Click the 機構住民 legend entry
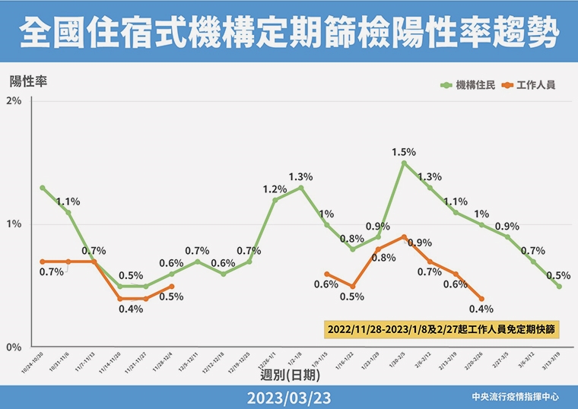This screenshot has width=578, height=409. pyautogui.click(x=468, y=84)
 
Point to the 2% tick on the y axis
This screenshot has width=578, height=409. pyautogui.click(x=14, y=102)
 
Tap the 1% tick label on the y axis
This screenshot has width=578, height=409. pyautogui.click(x=14, y=224)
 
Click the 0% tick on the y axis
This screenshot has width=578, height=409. pyautogui.click(x=14, y=347)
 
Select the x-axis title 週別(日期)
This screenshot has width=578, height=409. pyautogui.click(x=290, y=375)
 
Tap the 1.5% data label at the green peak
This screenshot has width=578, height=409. pyautogui.click(x=404, y=152)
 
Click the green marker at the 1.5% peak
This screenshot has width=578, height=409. pyautogui.click(x=404, y=163)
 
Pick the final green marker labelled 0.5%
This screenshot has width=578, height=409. pyautogui.click(x=559, y=287)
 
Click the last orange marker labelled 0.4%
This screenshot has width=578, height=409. pyautogui.click(x=481, y=299)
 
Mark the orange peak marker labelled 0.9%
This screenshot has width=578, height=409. pyautogui.click(x=404, y=236)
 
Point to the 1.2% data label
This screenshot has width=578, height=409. pyautogui.click(x=275, y=189)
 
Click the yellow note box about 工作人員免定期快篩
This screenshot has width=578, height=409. pyautogui.click(x=443, y=329)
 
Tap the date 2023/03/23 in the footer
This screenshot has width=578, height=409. pyautogui.click(x=289, y=398)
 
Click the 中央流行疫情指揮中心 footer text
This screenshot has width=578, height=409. pyautogui.click(x=515, y=398)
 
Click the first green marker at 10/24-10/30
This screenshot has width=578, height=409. pyautogui.click(x=43, y=187)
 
